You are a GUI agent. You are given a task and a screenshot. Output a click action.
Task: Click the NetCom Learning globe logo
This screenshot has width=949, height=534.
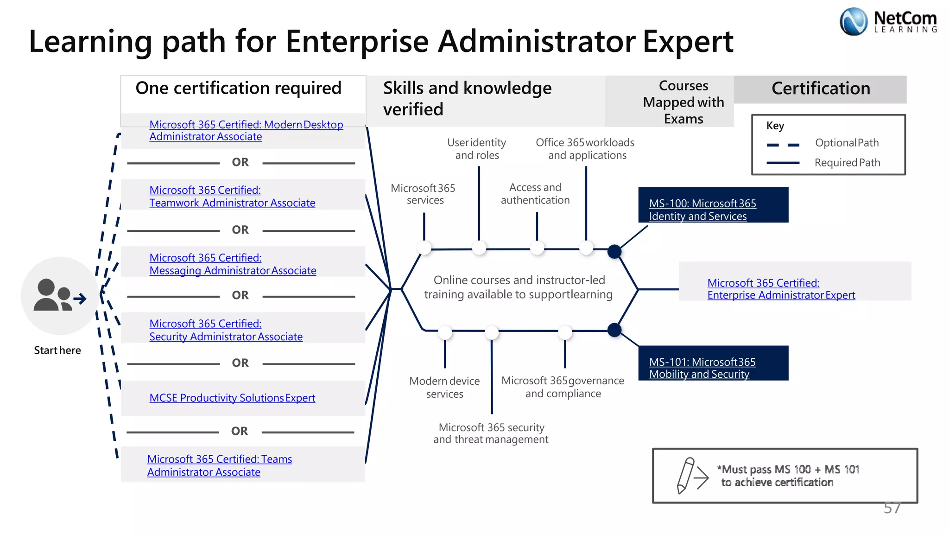pyautogui.click(x=853, y=22)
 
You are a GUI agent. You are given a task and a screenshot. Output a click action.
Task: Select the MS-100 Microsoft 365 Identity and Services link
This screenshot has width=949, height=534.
pyautogui.click(x=702, y=210)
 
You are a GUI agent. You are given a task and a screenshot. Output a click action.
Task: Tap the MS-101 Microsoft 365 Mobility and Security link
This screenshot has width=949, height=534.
pyautogui.click(x=702, y=368)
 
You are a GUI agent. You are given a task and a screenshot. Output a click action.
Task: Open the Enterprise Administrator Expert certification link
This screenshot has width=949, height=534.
pyautogui.click(x=781, y=289)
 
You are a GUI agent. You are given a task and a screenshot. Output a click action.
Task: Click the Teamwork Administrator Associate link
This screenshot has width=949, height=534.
pyautogui.click(x=232, y=197)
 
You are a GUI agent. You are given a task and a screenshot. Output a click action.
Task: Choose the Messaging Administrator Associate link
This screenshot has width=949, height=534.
pyautogui.click(x=233, y=264)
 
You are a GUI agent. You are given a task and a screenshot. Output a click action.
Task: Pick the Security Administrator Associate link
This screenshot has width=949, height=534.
pyautogui.click(x=226, y=330)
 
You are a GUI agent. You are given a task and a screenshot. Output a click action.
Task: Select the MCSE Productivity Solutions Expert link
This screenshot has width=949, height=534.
pyautogui.click(x=232, y=398)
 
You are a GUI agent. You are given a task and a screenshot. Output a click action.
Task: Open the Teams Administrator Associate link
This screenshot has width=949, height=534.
pyautogui.click(x=220, y=465)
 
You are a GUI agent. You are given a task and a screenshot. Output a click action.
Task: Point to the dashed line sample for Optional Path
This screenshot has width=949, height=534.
pyautogui.click(x=783, y=145)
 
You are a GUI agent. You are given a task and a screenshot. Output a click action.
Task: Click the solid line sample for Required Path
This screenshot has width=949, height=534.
pyautogui.click(x=783, y=163)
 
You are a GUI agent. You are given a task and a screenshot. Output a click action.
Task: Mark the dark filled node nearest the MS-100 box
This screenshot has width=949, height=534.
pyautogui.click(x=614, y=252)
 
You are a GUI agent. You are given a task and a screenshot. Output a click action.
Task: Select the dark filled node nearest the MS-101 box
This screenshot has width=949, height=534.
pyautogui.click(x=614, y=330)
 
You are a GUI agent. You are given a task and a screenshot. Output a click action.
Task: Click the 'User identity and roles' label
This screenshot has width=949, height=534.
pyautogui.click(x=477, y=149)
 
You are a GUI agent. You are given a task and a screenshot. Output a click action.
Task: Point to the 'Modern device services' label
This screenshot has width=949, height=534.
pyautogui.click(x=444, y=388)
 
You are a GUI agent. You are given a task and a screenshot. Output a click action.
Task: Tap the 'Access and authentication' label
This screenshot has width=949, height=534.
pyautogui.click(x=535, y=194)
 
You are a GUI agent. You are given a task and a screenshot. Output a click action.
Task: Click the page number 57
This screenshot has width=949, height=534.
pyautogui.click(x=892, y=509)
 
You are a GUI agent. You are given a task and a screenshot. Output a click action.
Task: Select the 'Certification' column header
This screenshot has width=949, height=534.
pyautogui.click(x=820, y=89)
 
